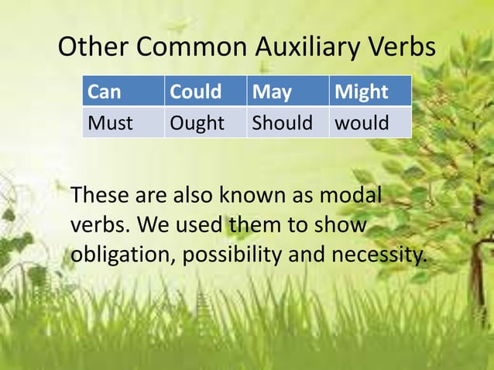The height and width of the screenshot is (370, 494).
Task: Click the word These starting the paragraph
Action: (x=100, y=196)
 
